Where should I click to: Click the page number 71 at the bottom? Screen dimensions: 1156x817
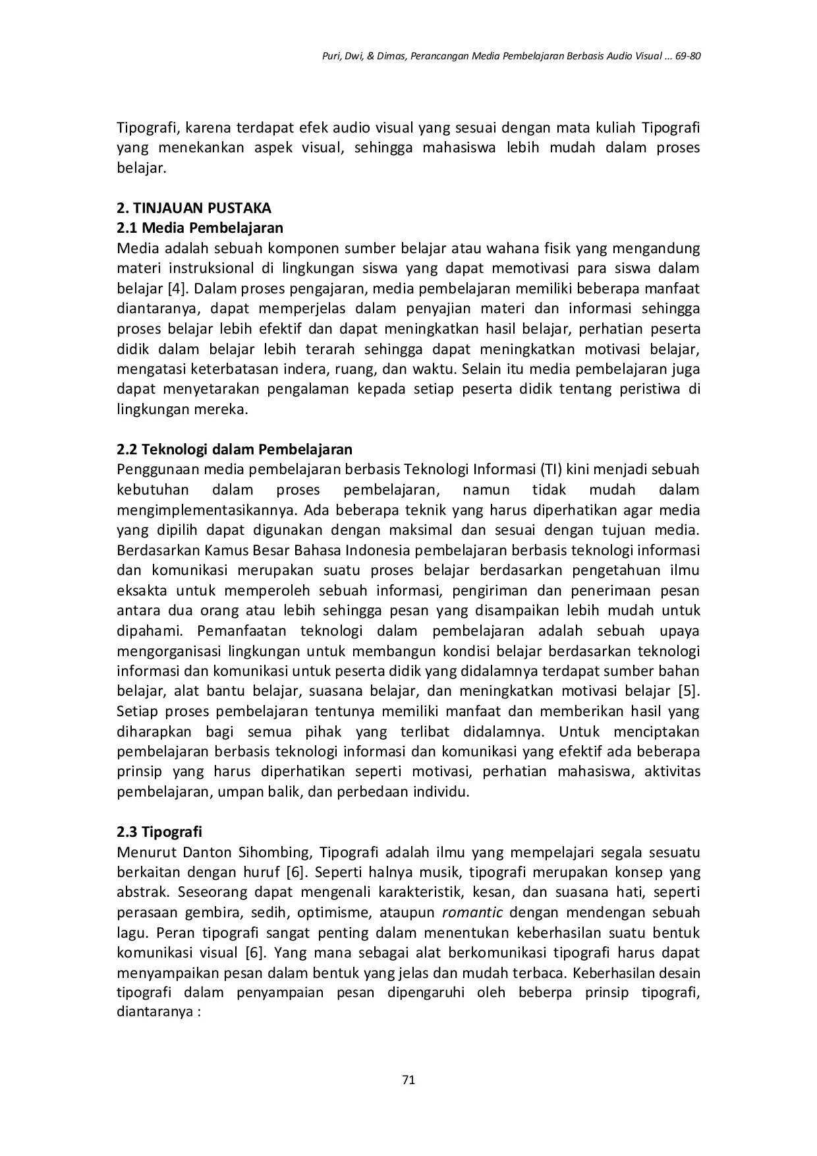click(x=408, y=1080)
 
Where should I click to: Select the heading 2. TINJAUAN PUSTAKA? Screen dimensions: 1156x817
click(x=194, y=208)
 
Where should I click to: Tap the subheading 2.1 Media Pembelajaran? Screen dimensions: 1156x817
click(x=200, y=228)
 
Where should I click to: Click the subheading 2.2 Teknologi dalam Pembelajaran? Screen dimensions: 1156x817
click(x=234, y=450)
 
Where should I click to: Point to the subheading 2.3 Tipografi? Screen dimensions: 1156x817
click(x=159, y=832)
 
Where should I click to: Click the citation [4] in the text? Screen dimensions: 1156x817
click(x=177, y=289)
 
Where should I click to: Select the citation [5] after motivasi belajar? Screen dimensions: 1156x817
click(x=688, y=692)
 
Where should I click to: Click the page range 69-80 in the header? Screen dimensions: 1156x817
click(x=688, y=57)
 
